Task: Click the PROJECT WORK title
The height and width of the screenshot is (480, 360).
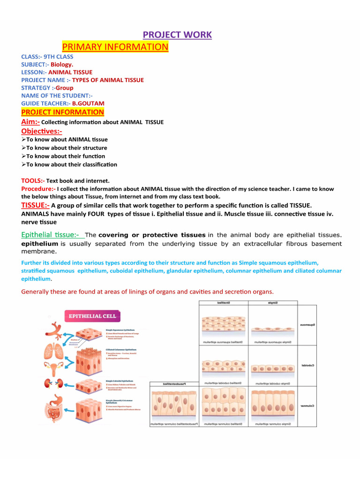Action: (x=177, y=35)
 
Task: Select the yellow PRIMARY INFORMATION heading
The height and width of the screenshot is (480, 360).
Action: (x=115, y=47)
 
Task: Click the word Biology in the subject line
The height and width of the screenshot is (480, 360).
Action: (x=62, y=64)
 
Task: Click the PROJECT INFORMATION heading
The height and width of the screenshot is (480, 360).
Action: (x=62, y=112)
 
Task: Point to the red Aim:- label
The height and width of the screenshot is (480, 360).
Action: (x=31, y=122)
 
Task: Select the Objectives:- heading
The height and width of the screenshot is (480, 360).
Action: (x=42, y=131)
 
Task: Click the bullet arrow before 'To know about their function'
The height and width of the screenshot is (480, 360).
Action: (x=23, y=156)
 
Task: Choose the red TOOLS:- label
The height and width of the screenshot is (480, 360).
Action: (x=33, y=180)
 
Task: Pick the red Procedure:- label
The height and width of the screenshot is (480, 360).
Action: (x=38, y=189)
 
